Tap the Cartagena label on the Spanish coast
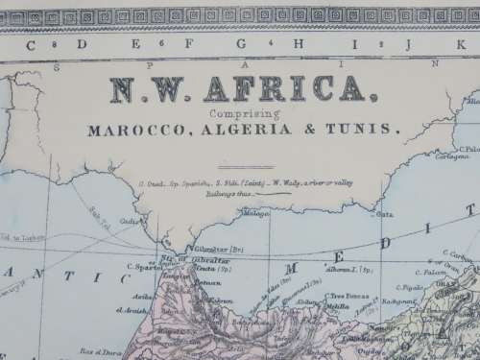coord(467,156)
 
